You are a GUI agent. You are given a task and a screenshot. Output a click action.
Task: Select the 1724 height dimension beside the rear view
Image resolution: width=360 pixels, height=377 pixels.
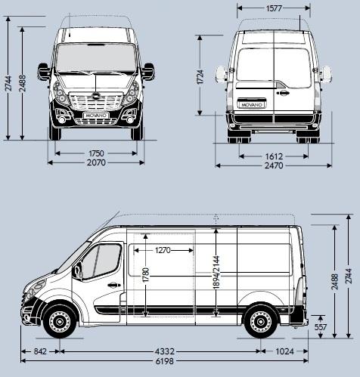[x=201, y=76]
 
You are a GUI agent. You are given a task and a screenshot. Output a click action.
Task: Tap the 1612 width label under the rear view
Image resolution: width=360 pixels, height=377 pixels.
[x=274, y=156]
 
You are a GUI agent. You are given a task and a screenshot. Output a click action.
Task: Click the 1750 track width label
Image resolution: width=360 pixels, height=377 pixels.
[x=95, y=153]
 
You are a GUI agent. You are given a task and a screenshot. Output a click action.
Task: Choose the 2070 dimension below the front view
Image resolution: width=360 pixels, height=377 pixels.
[x=96, y=162]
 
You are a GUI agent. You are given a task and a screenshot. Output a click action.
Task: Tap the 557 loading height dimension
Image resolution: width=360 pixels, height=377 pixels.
[x=319, y=327]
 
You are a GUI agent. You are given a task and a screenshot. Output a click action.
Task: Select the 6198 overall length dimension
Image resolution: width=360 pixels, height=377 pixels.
[x=163, y=362]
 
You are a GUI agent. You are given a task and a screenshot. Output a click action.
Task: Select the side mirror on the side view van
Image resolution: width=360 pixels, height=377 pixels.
[x=77, y=271]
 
